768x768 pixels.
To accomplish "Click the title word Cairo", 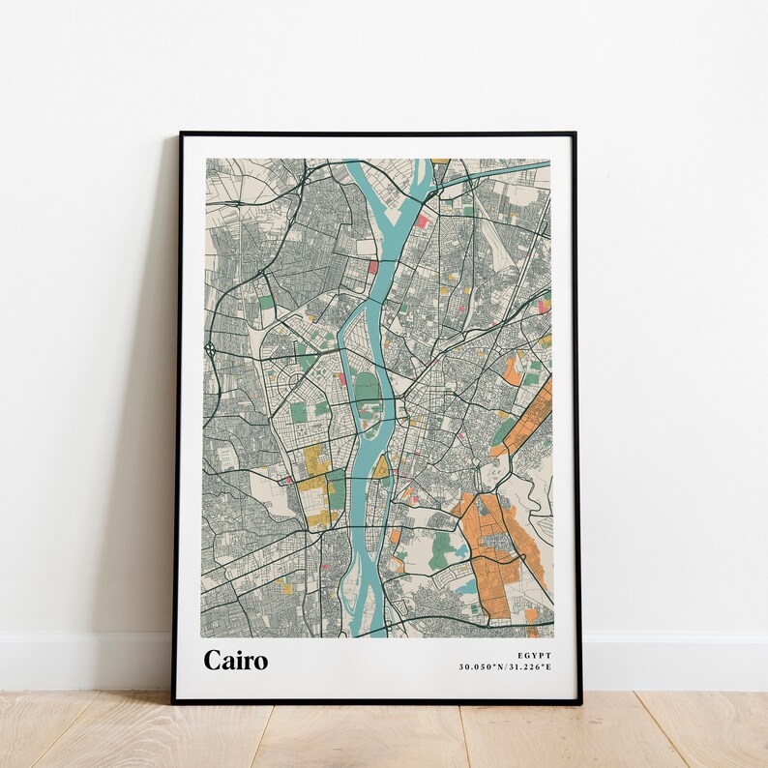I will click(x=235, y=661).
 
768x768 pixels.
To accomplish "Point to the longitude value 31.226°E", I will click(x=529, y=666).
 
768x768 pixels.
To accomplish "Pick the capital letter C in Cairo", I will click(x=213, y=661).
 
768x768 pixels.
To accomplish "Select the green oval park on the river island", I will click(x=366, y=389).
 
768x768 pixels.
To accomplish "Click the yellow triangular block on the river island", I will click(x=381, y=469).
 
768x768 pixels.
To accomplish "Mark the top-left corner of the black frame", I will click(x=181, y=134).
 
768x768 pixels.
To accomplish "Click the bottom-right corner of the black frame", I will click(x=579, y=700).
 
